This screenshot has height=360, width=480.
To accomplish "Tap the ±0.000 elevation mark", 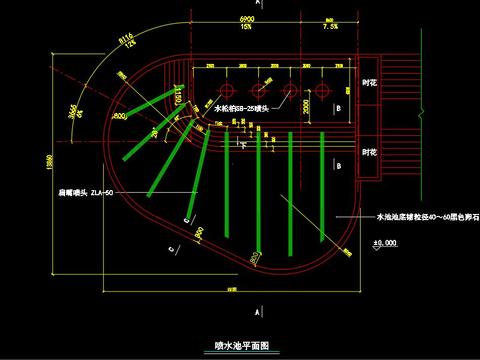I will [x=383, y=242].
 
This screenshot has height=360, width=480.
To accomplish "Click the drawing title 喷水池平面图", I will [x=241, y=345].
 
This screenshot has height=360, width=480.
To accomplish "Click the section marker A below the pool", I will [x=259, y=313].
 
